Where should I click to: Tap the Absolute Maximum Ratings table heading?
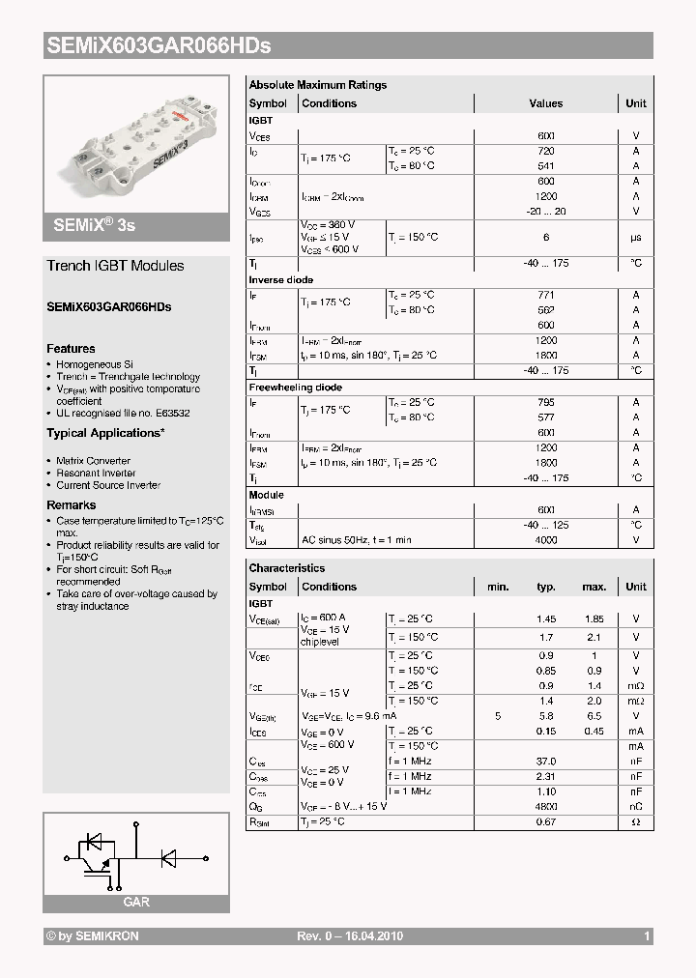tap(317, 85)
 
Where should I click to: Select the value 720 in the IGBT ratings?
tap(546, 152)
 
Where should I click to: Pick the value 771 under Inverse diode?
tap(546, 295)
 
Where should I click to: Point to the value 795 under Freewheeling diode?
tap(546, 402)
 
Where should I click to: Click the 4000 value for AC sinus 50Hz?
tap(546, 540)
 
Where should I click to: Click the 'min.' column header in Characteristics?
tap(498, 587)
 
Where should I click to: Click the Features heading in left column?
tap(71, 349)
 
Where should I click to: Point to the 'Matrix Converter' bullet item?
tap(93, 461)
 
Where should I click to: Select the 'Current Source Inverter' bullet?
tap(108, 485)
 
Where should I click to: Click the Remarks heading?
tap(71, 505)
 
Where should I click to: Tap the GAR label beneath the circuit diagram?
tap(135, 903)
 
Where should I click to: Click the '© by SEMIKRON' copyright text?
tap(93, 936)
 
